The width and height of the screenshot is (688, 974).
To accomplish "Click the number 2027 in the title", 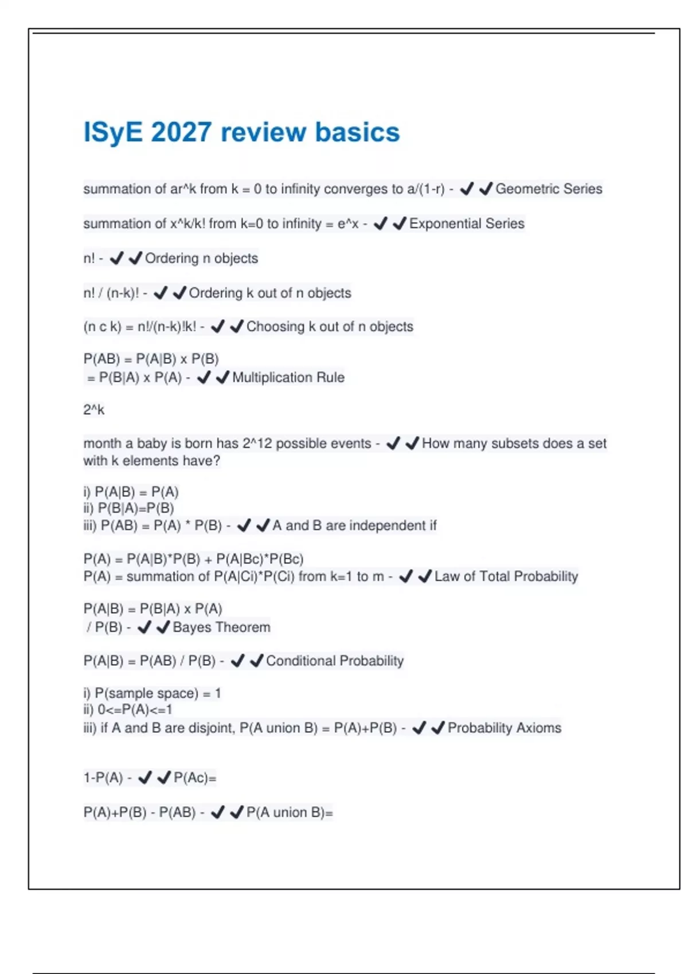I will coord(181,132).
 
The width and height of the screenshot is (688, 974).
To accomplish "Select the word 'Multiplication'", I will coord(267,378).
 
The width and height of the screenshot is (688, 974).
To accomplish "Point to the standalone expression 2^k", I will coord(94,410).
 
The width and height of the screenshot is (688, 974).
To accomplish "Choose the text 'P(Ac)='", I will coord(195,778).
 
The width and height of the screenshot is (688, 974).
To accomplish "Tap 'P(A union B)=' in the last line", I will coord(290,812).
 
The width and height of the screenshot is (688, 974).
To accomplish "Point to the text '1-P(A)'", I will coord(103,778).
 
